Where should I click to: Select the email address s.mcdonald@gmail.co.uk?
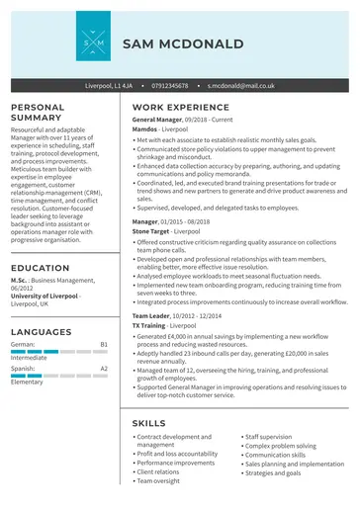coord(240,86)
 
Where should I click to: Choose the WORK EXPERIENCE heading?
coord(180,107)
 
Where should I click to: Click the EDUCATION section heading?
coord(40,268)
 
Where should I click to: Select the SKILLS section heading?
coord(148,423)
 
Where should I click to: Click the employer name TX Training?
coord(148,324)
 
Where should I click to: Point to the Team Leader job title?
coord(152,314)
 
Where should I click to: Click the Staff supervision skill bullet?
coord(268,436)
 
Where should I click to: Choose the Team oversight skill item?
coord(158,480)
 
